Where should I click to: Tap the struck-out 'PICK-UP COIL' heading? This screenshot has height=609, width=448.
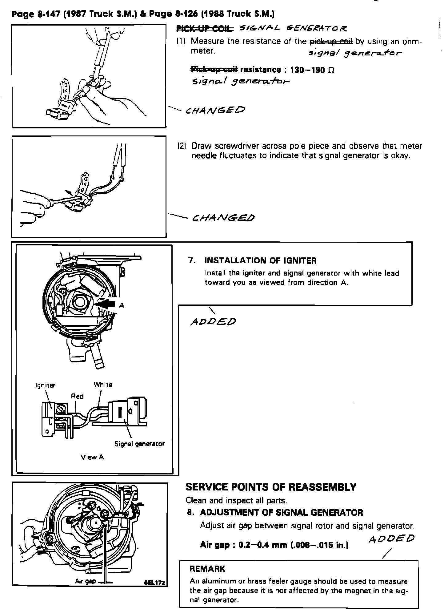[204, 29]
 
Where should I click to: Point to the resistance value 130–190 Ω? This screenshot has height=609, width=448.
[312, 70]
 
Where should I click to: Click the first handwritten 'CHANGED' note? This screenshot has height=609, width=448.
[215, 110]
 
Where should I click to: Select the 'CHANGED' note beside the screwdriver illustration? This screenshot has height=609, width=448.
[223, 218]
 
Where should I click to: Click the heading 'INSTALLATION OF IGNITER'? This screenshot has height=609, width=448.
[260, 261]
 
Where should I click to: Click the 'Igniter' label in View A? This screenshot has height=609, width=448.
[45, 385]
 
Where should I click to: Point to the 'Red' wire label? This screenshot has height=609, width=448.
[77, 396]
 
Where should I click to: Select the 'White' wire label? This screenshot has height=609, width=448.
[103, 385]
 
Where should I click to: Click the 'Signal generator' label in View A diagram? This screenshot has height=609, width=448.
[139, 444]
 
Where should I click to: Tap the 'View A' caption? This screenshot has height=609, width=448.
[92, 457]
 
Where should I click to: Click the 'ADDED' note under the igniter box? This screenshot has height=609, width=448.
[213, 322]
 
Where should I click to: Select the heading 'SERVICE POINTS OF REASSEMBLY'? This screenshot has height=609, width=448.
[271, 487]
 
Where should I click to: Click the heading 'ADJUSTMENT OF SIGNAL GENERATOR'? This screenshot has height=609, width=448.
[281, 512]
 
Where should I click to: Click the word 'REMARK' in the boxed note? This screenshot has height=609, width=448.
[207, 569]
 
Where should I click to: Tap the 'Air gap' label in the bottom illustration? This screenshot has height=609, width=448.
[86, 581]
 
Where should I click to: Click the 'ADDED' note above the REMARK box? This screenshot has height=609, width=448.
[391, 539]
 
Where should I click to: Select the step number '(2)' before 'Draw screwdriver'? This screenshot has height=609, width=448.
[182, 146]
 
